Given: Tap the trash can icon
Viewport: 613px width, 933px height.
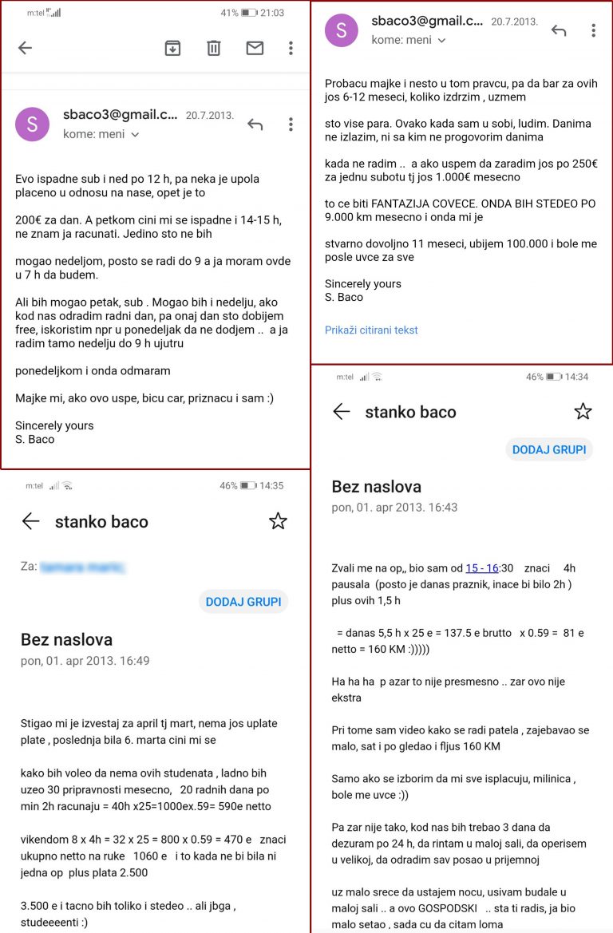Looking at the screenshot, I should (x=214, y=48).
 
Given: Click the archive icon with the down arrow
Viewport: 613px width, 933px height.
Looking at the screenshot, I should (x=172, y=48).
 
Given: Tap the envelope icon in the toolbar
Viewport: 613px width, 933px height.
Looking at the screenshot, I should (x=255, y=48).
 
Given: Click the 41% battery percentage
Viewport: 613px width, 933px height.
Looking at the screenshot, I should (x=229, y=13).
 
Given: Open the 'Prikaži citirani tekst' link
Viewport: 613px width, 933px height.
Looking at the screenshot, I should (x=371, y=330).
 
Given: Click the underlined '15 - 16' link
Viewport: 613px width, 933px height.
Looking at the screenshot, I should (x=482, y=568).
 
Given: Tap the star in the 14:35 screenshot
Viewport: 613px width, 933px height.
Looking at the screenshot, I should (x=277, y=521).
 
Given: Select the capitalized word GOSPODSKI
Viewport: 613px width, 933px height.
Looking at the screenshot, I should (x=442, y=907).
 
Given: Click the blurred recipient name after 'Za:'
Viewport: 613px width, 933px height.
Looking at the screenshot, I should (x=83, y=567).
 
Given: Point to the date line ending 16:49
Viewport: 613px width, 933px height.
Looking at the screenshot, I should (x=85, y=661).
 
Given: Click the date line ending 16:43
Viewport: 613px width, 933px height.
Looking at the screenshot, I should (x=394, y=507).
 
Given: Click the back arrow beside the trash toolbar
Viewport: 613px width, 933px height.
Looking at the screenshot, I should (x=25, y=48).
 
